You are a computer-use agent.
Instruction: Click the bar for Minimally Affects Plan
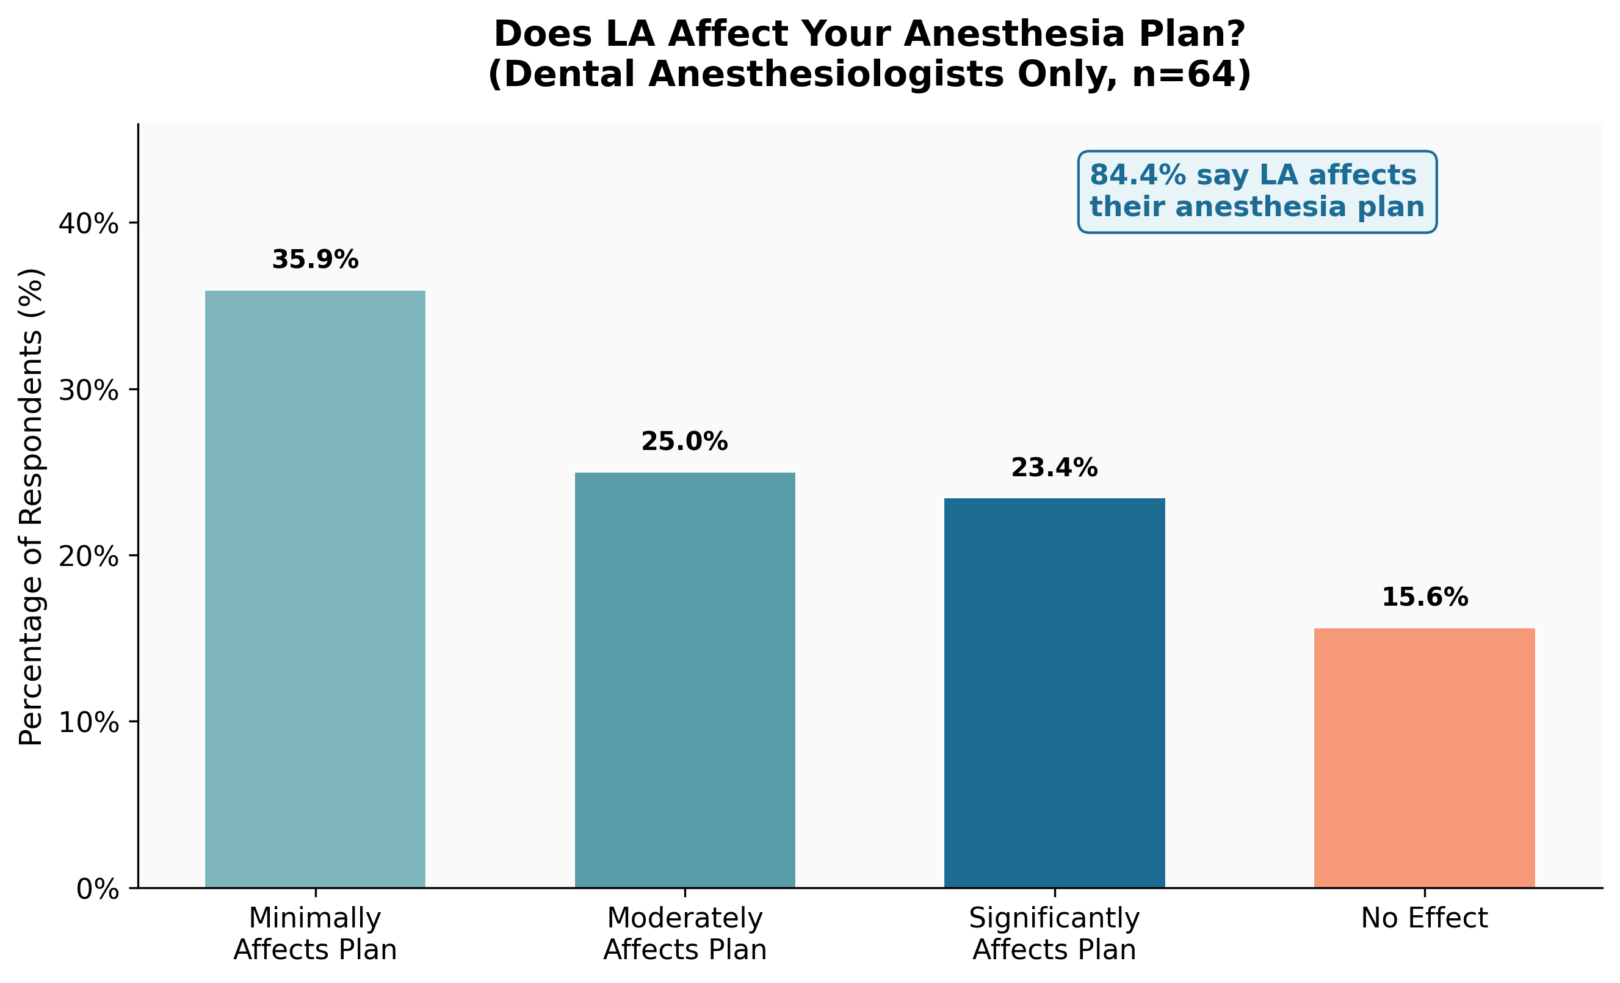click(x=315, y=589)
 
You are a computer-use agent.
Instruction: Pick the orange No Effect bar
click(x=1424, y=758)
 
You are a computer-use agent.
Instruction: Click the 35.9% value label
click(x=315, y=259)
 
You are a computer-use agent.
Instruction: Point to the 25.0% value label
click(x=684, y=441)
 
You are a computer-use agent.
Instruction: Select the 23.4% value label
click(x=1054, y=468)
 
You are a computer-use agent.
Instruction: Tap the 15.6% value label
click(x=1424, y=597)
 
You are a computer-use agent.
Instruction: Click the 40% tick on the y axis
click(x=89, y=223)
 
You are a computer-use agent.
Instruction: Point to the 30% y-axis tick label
click(x=89, y=391)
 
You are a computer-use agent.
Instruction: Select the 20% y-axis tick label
click(x=89, y=556)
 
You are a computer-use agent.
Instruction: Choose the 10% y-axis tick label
click(x=89, y=723)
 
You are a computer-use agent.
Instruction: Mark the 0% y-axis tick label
click(x=97, y=890)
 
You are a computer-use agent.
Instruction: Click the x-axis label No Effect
click(x=1424, y=918)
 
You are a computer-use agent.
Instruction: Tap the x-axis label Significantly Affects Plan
click(x=1054, y=934)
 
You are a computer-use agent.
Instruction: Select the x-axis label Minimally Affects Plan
click(x=315, y=934)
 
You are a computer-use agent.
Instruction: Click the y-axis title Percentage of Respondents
click(x=31, y=506)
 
